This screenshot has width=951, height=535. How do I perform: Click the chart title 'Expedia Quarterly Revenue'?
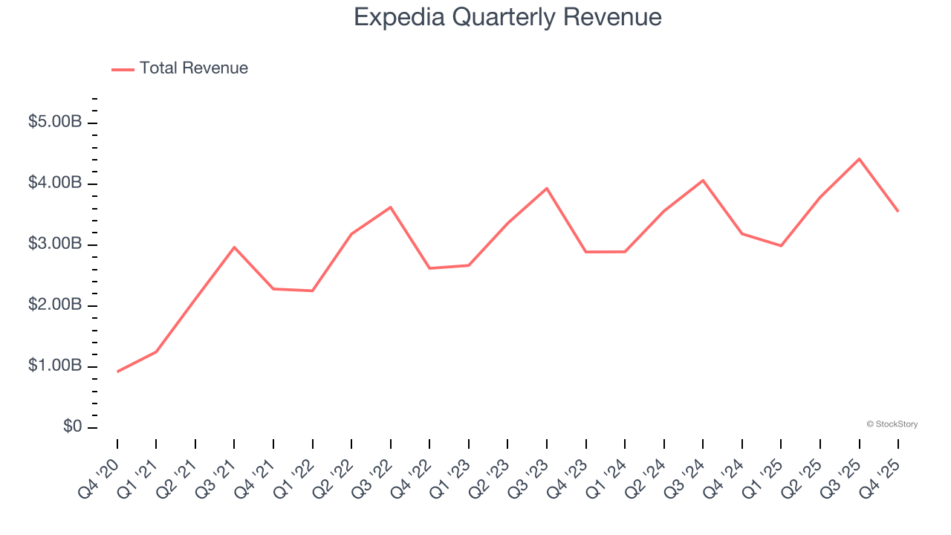507,17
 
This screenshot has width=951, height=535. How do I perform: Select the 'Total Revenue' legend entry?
193,68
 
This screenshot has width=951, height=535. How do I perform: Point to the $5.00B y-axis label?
55,123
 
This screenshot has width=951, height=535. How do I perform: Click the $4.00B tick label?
55,184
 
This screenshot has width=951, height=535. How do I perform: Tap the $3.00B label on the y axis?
55,244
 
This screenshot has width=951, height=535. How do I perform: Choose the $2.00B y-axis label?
55,305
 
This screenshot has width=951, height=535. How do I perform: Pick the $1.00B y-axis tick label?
55,366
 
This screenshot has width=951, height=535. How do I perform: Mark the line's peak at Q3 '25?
860,159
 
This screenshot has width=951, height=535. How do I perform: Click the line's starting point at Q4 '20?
117,372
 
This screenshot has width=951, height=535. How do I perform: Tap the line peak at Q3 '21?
234,247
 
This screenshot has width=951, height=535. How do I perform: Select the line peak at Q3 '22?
391,207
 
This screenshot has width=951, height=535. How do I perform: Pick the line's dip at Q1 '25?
781,245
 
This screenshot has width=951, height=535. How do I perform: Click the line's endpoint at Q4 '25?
898,212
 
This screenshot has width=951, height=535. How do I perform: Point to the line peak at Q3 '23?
547,188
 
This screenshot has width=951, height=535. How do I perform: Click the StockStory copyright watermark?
892,424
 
